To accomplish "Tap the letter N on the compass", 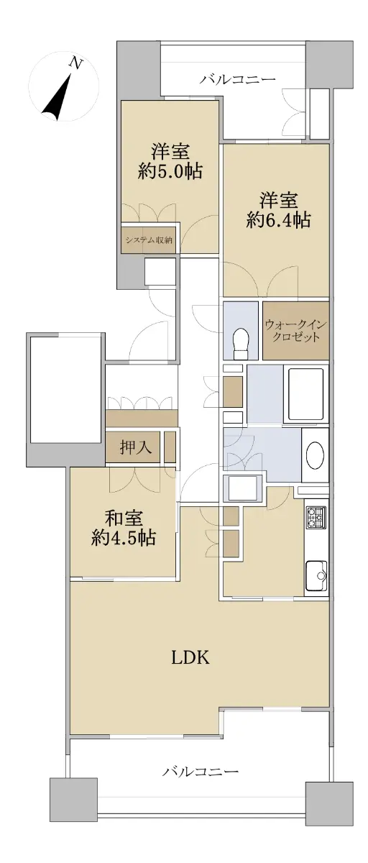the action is (x=76, y=63).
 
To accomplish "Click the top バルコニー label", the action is (x=237, y=79).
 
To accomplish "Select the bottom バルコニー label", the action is (x=200, y=771).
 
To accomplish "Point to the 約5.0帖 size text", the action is (x=170, y=170).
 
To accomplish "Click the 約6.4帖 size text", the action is (x=278, y=220).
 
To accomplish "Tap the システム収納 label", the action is (x=149, y=240).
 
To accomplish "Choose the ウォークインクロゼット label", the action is (x=295, y=330).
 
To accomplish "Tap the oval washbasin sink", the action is (x=315, y=455).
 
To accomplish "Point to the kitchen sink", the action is (x=316, y=575).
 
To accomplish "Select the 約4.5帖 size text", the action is (x=123, y=537).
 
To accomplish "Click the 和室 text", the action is (x=124, y=519).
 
